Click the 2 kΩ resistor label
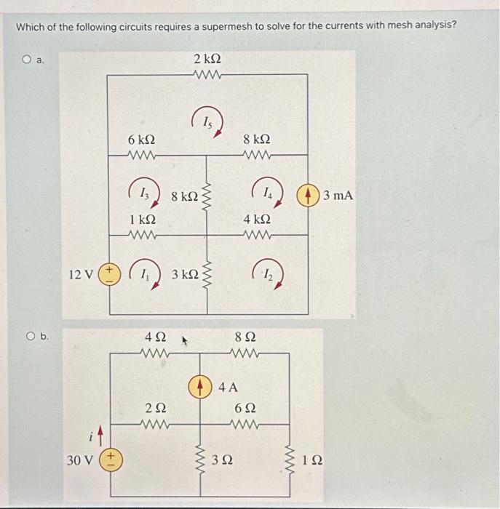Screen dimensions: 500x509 coord(207,57)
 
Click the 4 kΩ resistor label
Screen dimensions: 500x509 coord(258,219)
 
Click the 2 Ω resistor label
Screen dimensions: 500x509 coord(154,409)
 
